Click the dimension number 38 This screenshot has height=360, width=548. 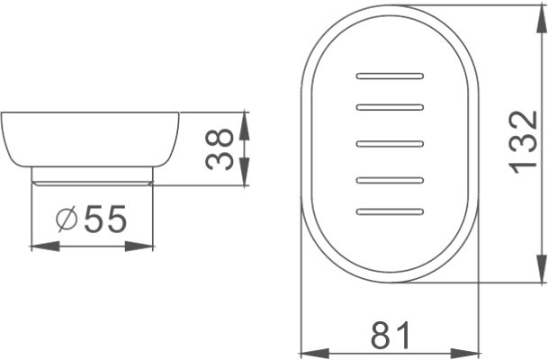(220, 149)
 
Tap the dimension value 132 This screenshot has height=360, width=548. (523, 142)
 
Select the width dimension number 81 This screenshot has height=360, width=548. (390, 336)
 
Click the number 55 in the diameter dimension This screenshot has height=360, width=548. (105, 219)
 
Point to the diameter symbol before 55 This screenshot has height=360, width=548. (67, 219)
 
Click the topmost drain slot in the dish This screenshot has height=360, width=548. (390, 76)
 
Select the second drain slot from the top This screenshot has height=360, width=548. (390, 107)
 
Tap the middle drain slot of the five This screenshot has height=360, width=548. (390, 144)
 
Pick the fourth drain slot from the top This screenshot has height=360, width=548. (390, 180)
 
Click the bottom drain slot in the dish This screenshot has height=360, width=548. (390, 211)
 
